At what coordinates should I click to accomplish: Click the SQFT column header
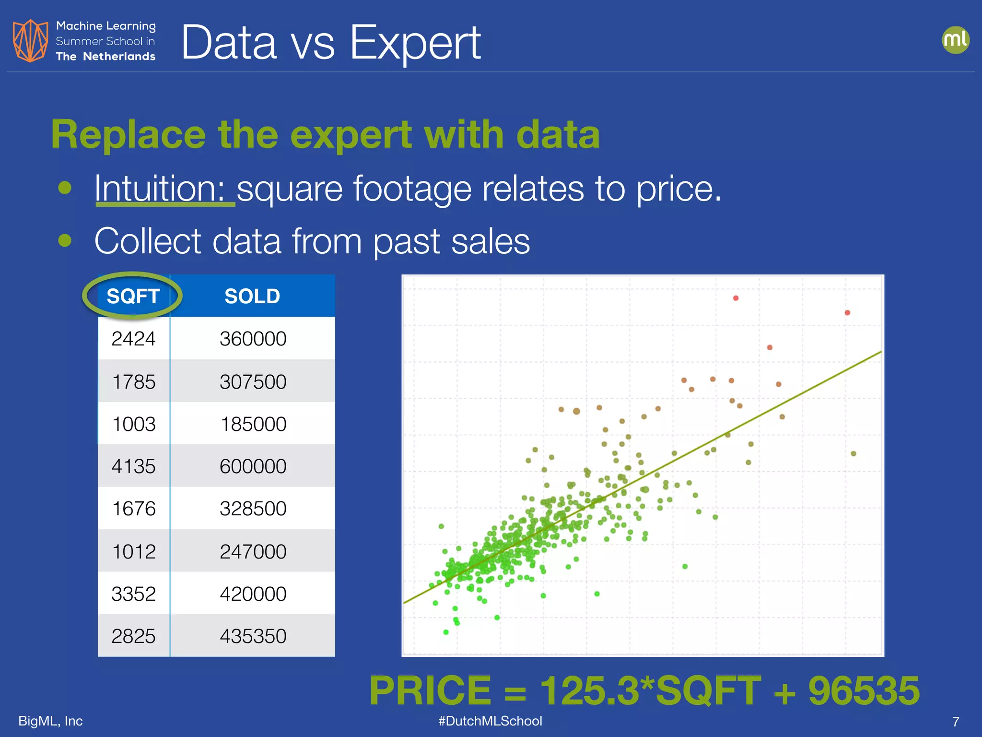[133, 296]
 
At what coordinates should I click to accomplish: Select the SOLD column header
[252, 296]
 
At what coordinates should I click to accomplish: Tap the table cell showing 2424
[133, 339]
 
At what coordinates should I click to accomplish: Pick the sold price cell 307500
[253, 382]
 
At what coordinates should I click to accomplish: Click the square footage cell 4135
[133, 466]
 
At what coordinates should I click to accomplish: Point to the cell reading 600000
[253, 466]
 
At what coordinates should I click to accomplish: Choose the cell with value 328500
[253, 509]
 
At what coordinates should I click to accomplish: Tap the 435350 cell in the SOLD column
[253, 636]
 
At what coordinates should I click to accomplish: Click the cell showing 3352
[133, 594]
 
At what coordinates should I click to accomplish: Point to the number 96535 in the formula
[864, 690]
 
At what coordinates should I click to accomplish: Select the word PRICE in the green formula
[430, 690]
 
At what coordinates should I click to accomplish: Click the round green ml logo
[955, 40]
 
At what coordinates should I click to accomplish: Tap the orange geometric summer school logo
[30, 41]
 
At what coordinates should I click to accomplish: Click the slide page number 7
[956, 722]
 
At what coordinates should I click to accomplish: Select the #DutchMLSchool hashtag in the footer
[490, 721]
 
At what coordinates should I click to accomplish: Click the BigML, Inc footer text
[50, 721]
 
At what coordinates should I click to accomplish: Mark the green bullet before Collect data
[65, 240]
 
